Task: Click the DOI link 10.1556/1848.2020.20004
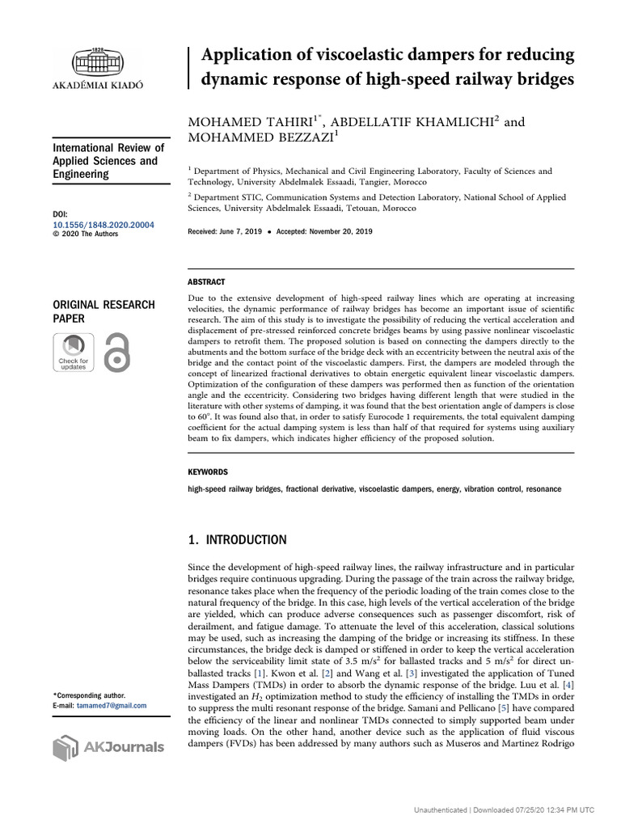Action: tap(103, 225)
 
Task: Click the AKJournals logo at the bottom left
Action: tap(108, 747)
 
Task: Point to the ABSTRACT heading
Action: tap(207, 282)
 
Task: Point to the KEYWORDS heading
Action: tap(208, 472)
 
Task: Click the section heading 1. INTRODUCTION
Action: tap(237, 540)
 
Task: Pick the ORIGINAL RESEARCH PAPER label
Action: tap(103, 311)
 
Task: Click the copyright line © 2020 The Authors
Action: tap(85, 234)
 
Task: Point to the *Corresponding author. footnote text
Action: tap(88, 695)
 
